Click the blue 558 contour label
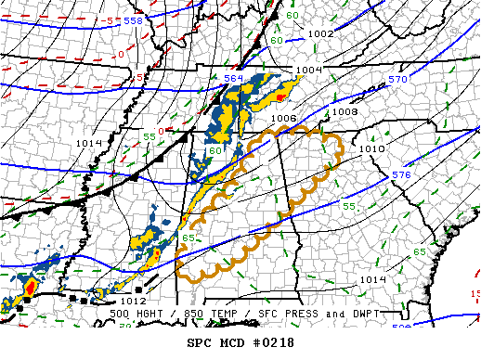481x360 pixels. click(x=134, y=19)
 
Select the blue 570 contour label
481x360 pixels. click(x=398, y=80)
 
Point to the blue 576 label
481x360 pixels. click(x=401, y=174)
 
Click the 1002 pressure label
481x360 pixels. click(x=320, y=33)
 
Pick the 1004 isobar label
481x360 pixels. click(x=308, y=71)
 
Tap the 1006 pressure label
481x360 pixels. click(x=284, y=118)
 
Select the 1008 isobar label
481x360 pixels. click(x=344, y=111)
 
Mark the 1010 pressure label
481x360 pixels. click(x=371, y=148)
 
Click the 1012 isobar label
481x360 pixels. click(x=133, y=301)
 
